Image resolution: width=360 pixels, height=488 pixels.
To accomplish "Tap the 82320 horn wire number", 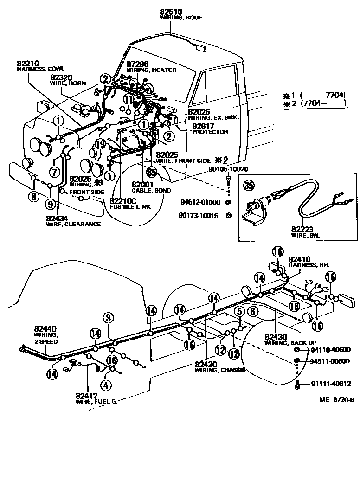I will click(61, 77).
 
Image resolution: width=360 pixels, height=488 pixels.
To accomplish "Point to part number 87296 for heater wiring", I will click(138, 64).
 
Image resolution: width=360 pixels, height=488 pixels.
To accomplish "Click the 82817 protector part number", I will click(204, 126).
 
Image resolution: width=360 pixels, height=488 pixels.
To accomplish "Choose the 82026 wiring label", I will click(199, 112).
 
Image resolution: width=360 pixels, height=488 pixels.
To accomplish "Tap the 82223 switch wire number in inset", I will click(302, 228).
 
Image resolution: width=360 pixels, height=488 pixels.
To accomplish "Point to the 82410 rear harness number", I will click(300, 259).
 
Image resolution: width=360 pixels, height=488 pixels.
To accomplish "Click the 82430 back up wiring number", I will click(276, 336).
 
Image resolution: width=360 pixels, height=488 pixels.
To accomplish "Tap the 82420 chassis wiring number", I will click(206, 364).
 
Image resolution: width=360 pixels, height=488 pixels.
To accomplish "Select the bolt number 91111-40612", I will click(330, 384).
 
